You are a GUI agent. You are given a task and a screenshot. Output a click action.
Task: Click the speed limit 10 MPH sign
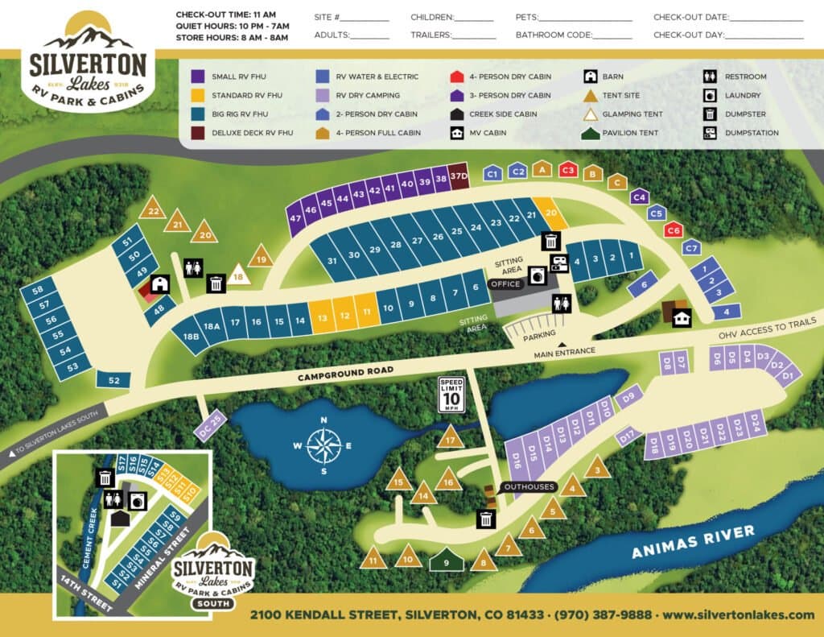click(451, 395)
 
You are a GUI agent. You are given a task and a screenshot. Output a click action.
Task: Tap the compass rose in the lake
click(323, 445)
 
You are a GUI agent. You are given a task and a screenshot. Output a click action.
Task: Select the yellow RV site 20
click(551, 213)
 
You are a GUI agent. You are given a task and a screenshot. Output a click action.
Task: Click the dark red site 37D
click(459, 176)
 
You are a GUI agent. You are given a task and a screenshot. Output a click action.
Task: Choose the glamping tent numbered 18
click(237, 275)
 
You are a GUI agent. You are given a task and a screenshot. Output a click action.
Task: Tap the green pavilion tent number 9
click(446, 560)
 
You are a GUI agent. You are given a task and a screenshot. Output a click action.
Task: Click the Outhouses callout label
click(529, 486)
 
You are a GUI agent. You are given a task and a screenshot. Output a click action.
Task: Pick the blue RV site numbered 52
click(113, 380)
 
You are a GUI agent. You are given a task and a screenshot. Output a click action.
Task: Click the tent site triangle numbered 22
click(152, 209)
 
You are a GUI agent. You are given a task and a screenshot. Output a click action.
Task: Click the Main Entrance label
click(563, 352)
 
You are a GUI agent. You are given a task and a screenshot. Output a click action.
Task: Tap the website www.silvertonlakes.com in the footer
click(738, 614)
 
